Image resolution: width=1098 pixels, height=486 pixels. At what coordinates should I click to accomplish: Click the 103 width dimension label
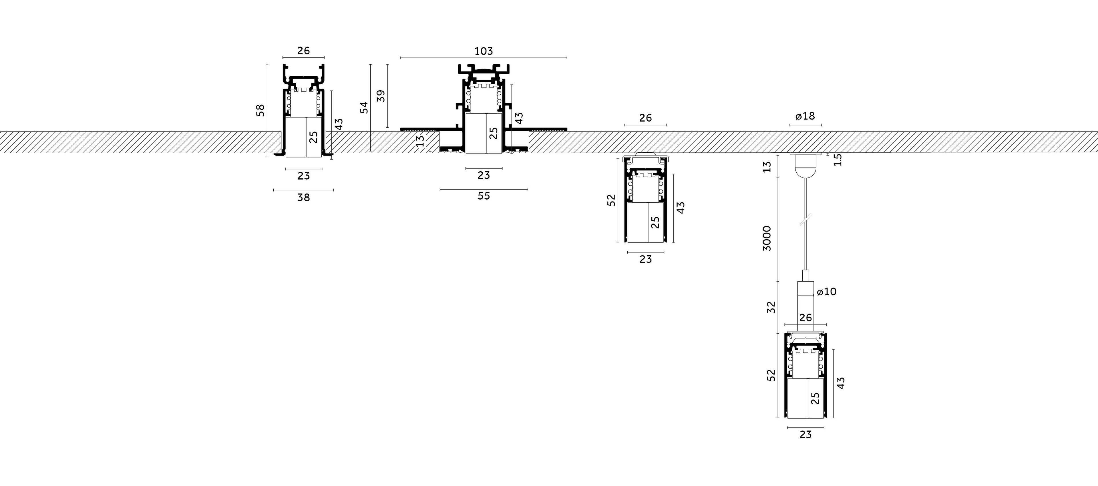tap(483, 51)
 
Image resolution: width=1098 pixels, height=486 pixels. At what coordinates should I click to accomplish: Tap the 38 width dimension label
tap(303, 197)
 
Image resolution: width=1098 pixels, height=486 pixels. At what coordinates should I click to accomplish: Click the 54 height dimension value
tap(364, 107)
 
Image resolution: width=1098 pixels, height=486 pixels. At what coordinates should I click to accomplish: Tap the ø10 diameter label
tap(826, 292)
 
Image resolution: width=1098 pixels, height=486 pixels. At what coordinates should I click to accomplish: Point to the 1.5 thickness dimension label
tap(838, 160)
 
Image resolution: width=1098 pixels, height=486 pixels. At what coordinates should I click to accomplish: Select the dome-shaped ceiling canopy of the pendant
tap(805, 166)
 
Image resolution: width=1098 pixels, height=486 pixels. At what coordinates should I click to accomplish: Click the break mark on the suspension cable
tap(805, 220)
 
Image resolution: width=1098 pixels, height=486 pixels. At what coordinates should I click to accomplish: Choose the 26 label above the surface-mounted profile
tap(645, 118)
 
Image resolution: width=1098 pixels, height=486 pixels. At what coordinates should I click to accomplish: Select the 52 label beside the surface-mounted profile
tap(611, 200)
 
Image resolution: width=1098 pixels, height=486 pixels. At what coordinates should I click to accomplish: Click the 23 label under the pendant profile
tap(805, 435)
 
